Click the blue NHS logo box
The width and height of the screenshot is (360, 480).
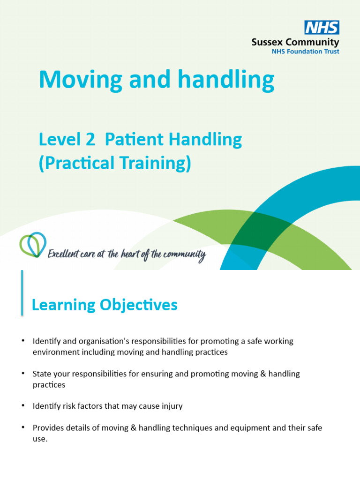[322, 28]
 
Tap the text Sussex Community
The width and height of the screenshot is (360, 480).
[295, 42]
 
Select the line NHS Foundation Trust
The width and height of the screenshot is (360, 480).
[306, 52]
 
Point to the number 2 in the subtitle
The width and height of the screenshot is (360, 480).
[91, 139]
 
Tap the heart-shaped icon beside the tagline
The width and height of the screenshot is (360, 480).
[32, 245]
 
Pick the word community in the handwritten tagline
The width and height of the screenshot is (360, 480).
[185, 255]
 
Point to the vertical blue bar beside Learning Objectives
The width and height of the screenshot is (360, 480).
[22, 292]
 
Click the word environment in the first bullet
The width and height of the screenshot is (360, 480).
[54, 352]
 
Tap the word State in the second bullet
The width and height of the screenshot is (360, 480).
[42, 374]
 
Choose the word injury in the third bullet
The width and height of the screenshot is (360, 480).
[172, 406]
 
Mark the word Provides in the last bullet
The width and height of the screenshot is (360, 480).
[48, 428]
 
